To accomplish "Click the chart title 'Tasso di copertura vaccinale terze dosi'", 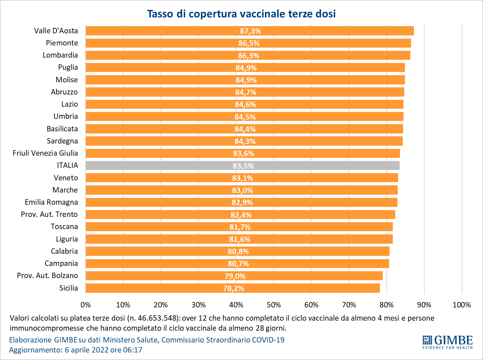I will (241, 14).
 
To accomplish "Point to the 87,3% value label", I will (250, 31).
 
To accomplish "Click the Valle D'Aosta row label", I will (56, 31).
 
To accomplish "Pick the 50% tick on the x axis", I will (274, 305).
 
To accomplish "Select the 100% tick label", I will (462, 305).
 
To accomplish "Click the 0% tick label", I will (86, 305).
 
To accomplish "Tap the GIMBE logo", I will (448, 342).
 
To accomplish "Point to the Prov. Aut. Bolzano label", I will (47, 276).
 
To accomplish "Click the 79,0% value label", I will (235, 276).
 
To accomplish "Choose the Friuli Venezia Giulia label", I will (45, 153).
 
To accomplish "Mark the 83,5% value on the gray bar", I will (243, 166).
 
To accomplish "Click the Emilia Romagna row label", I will (51, 202).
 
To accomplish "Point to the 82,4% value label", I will (241, 215).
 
